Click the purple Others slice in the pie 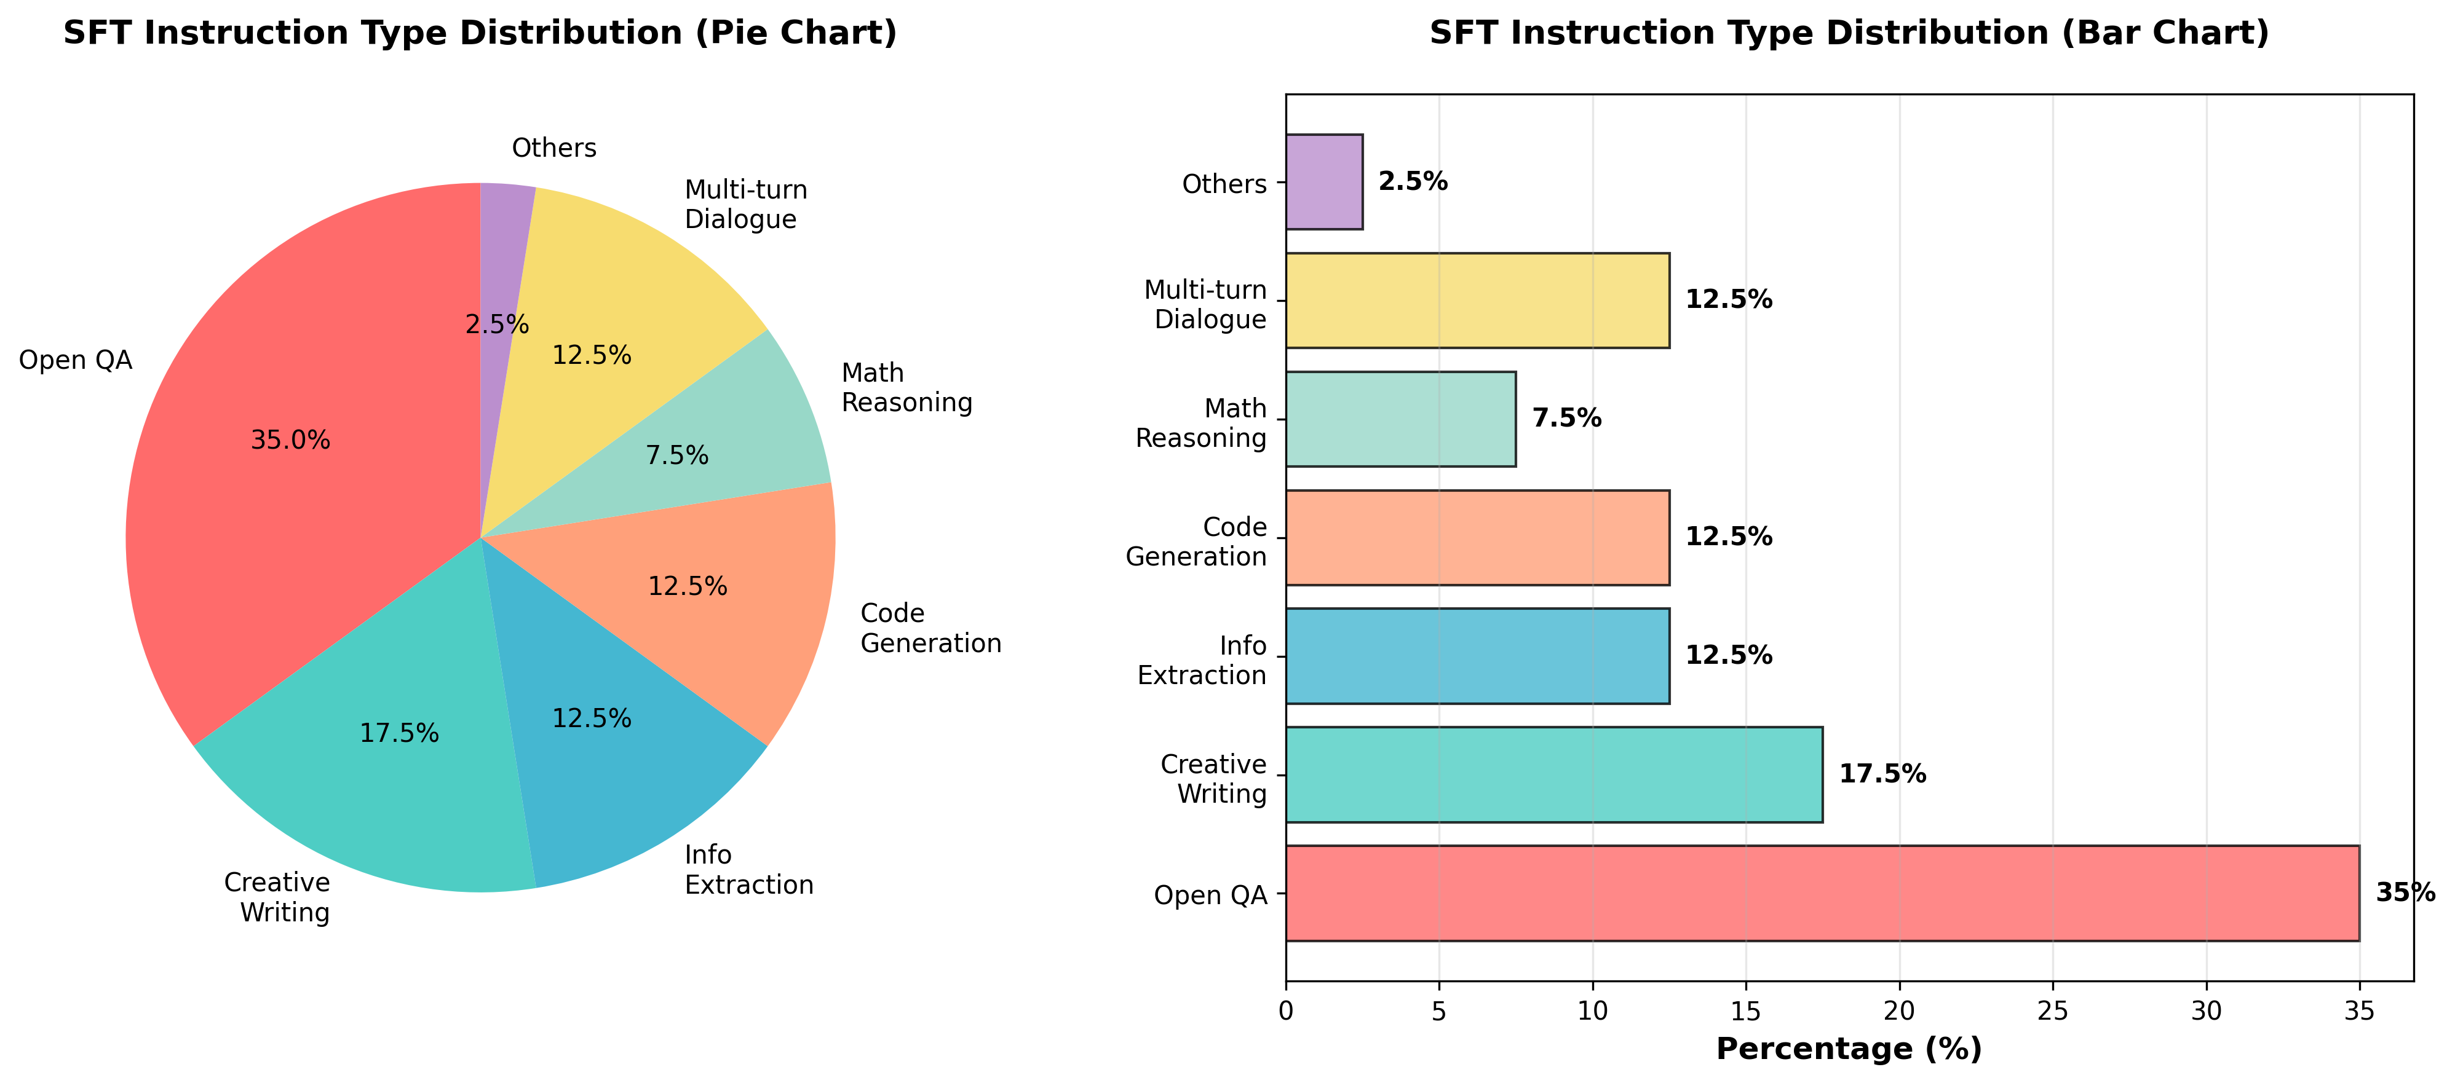(x=502, y=248)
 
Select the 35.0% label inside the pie (x=291, y=440)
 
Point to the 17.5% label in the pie (x=399, y=733)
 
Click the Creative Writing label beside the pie (x=277, y=897)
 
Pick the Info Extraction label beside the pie (x=748, y=870)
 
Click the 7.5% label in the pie (x=676, y=455)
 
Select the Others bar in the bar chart (x=1324, y=182)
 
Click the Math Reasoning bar (x=1400, y=419)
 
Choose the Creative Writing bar (x=1553, y=774)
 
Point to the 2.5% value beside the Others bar (x=1413, y=182)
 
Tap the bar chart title (x=1849, y=33)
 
